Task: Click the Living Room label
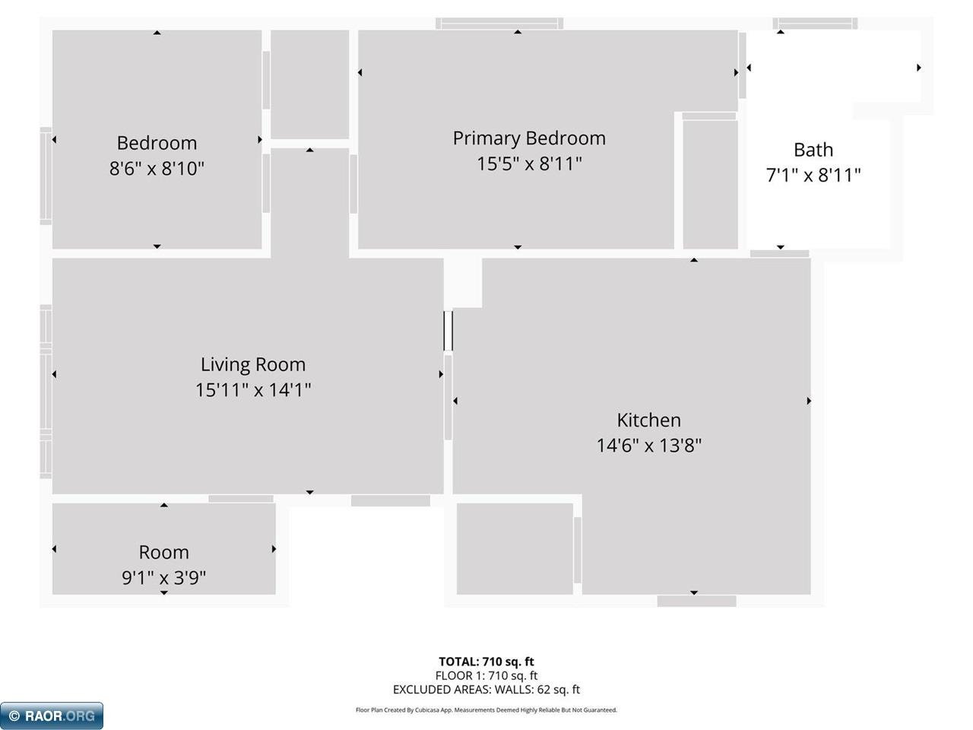click(252, 364)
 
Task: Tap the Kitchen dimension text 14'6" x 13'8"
click(648, 446)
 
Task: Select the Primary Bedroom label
click(529, 138)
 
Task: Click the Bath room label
click(813, 150)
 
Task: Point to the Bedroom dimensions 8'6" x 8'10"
click(157, 169)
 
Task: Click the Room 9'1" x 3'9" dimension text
click(163, 578)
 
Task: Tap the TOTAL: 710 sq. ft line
click(486, 662)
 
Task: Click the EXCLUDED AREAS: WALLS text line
click(486, 690)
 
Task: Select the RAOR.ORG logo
click(51, 716)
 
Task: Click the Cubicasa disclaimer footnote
click(486, 710)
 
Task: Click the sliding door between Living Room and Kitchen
click(448, 331)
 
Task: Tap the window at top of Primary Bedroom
click(499, 24)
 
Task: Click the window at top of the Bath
click(815, 24)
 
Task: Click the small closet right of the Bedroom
click(309, 84)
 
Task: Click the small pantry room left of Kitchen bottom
click(515, 548)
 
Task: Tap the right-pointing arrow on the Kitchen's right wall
click(809, 401)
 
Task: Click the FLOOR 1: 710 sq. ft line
click(486, 675)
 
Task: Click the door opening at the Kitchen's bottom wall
click(696, 601)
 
